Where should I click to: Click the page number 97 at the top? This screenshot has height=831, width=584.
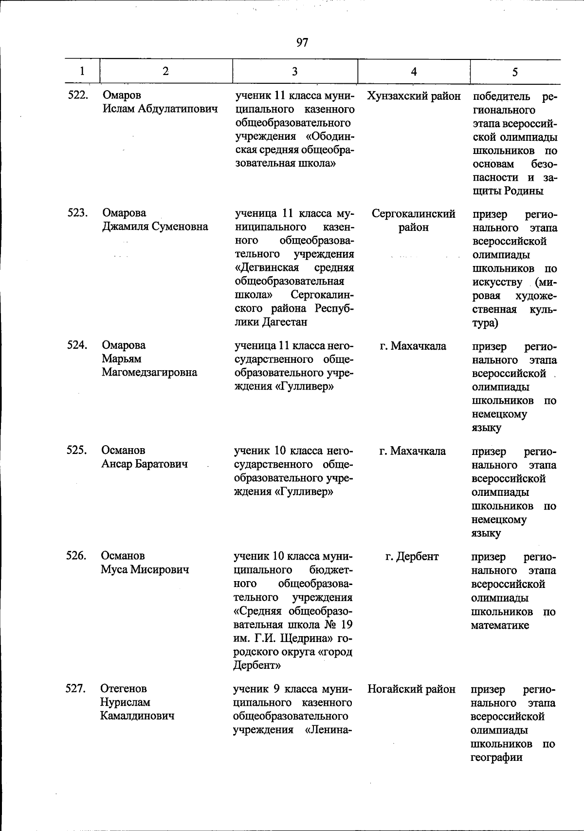click(x=302, y=43)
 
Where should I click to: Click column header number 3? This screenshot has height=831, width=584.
click(x=294, y=72)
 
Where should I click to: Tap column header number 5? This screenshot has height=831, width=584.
click(x=514, y=72)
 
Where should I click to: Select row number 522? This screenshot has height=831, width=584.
click(x=77, y=95)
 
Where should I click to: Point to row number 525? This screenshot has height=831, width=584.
click(x=76, y=451)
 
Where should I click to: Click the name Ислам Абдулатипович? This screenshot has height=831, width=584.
click(x=160, y=109)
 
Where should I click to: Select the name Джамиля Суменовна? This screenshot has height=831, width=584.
click(x=155, y=227)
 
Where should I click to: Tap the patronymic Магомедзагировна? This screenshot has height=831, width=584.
click(x=149, y=373)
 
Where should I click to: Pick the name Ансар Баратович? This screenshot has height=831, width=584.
click(x=145, y=464)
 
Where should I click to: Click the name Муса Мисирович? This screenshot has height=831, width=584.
click(x=145, y=569)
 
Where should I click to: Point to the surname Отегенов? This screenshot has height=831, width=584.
click(x=124, y=689)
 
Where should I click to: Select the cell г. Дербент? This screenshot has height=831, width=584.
click(x=412, y=556)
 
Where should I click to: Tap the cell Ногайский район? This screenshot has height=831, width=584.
click(x=412, y=689)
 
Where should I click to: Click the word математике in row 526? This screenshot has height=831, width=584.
click(x=500, y=625)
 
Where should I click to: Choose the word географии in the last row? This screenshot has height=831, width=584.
click(x=496, y=757)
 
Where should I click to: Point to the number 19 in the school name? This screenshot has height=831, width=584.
click(x=346, y=625)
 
